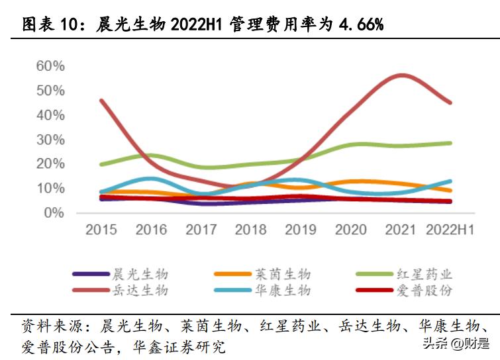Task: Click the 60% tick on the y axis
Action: (x=50, y=66)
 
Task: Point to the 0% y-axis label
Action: (x=54, y=213)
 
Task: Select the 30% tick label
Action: (x=50, y=140)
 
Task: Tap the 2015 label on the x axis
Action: (x=101, y=230)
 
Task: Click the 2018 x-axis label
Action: (x=252, y=230)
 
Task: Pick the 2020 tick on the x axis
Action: (x=352, y=230)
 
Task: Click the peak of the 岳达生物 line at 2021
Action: (x=401, y=75)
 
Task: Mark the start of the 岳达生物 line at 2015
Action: (x=101, y=101)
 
